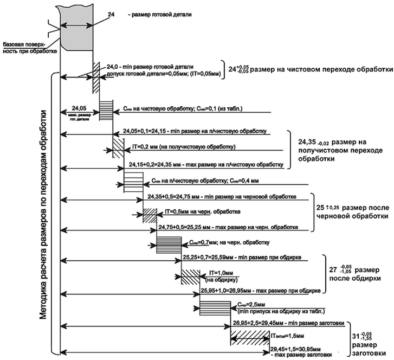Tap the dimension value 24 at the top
[x=112, y=16]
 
